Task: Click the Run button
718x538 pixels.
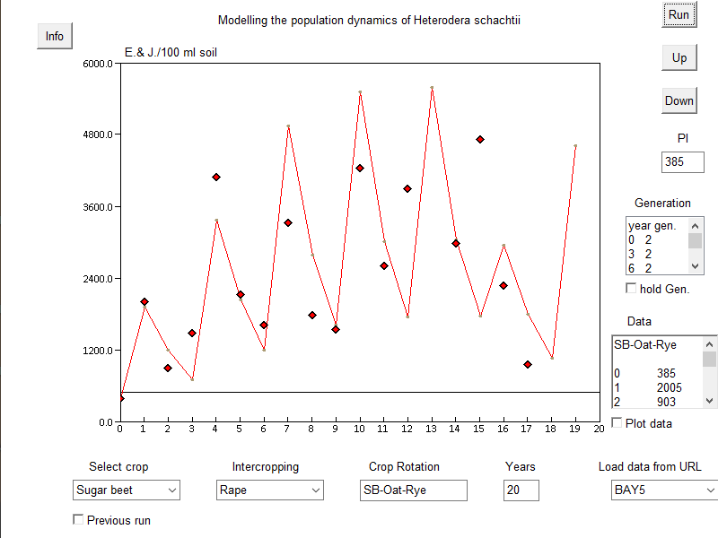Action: point(679,15)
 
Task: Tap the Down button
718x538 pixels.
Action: point(679,100)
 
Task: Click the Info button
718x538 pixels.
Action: point(55,36)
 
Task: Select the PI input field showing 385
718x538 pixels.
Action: point(682,162)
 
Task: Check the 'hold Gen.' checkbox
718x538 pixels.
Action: point(631,288)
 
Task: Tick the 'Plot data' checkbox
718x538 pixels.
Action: point(617,422)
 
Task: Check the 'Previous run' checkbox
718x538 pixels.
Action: point(78,519)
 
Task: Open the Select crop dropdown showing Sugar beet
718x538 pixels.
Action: point(127,490)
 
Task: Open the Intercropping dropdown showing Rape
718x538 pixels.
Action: point(270,490)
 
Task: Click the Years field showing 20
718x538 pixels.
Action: point(521,490)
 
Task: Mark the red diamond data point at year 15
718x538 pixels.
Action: point(480,139)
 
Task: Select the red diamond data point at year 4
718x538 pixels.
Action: point(216,177)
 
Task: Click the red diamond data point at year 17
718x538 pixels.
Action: point(528,364)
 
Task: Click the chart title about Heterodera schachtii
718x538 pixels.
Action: point(368,20)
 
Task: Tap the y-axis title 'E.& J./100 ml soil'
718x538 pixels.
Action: point(171,53)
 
